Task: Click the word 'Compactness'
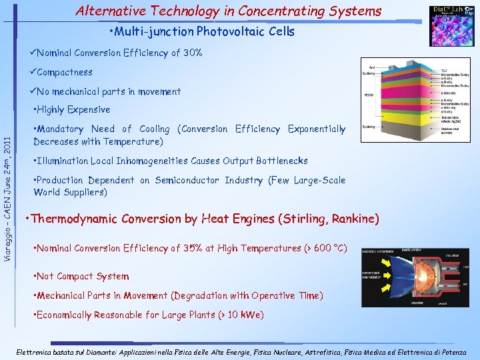[65, 72]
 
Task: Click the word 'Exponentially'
[316, 129]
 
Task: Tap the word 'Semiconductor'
[186, 180]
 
